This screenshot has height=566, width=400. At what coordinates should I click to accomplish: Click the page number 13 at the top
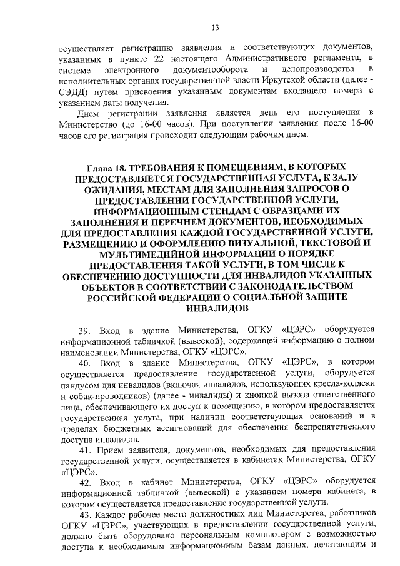click(x=215, y=27)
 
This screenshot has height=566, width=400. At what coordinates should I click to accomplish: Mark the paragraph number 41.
click(x=84, y=452)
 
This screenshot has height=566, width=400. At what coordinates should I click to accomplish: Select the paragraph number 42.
click(x=84, y=486)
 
